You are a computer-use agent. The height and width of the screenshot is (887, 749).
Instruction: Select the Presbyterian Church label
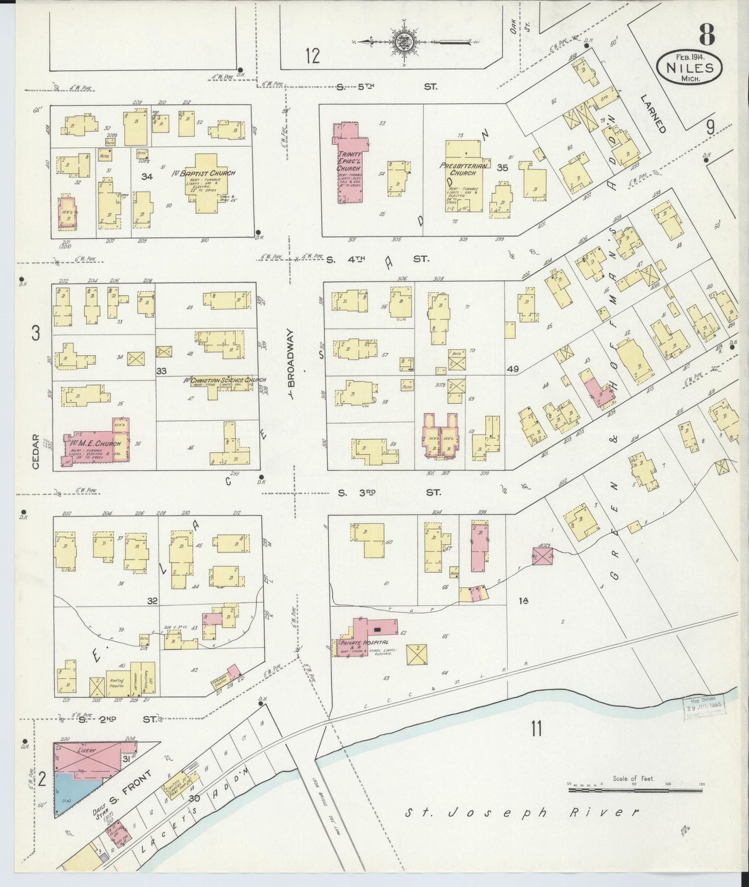pyautogui.click(x=463, y=169)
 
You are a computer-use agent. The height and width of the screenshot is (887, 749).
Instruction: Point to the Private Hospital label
pyautogui.click(x=363, y=642)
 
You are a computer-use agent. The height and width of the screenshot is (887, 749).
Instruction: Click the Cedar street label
pyautogui.click(x=36, y=451)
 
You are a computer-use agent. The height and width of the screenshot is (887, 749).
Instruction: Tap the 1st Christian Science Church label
pyautogui.click(x=224, y=380)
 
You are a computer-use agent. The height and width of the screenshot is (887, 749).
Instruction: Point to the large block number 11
pyautogui.click(x=536, y=728)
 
